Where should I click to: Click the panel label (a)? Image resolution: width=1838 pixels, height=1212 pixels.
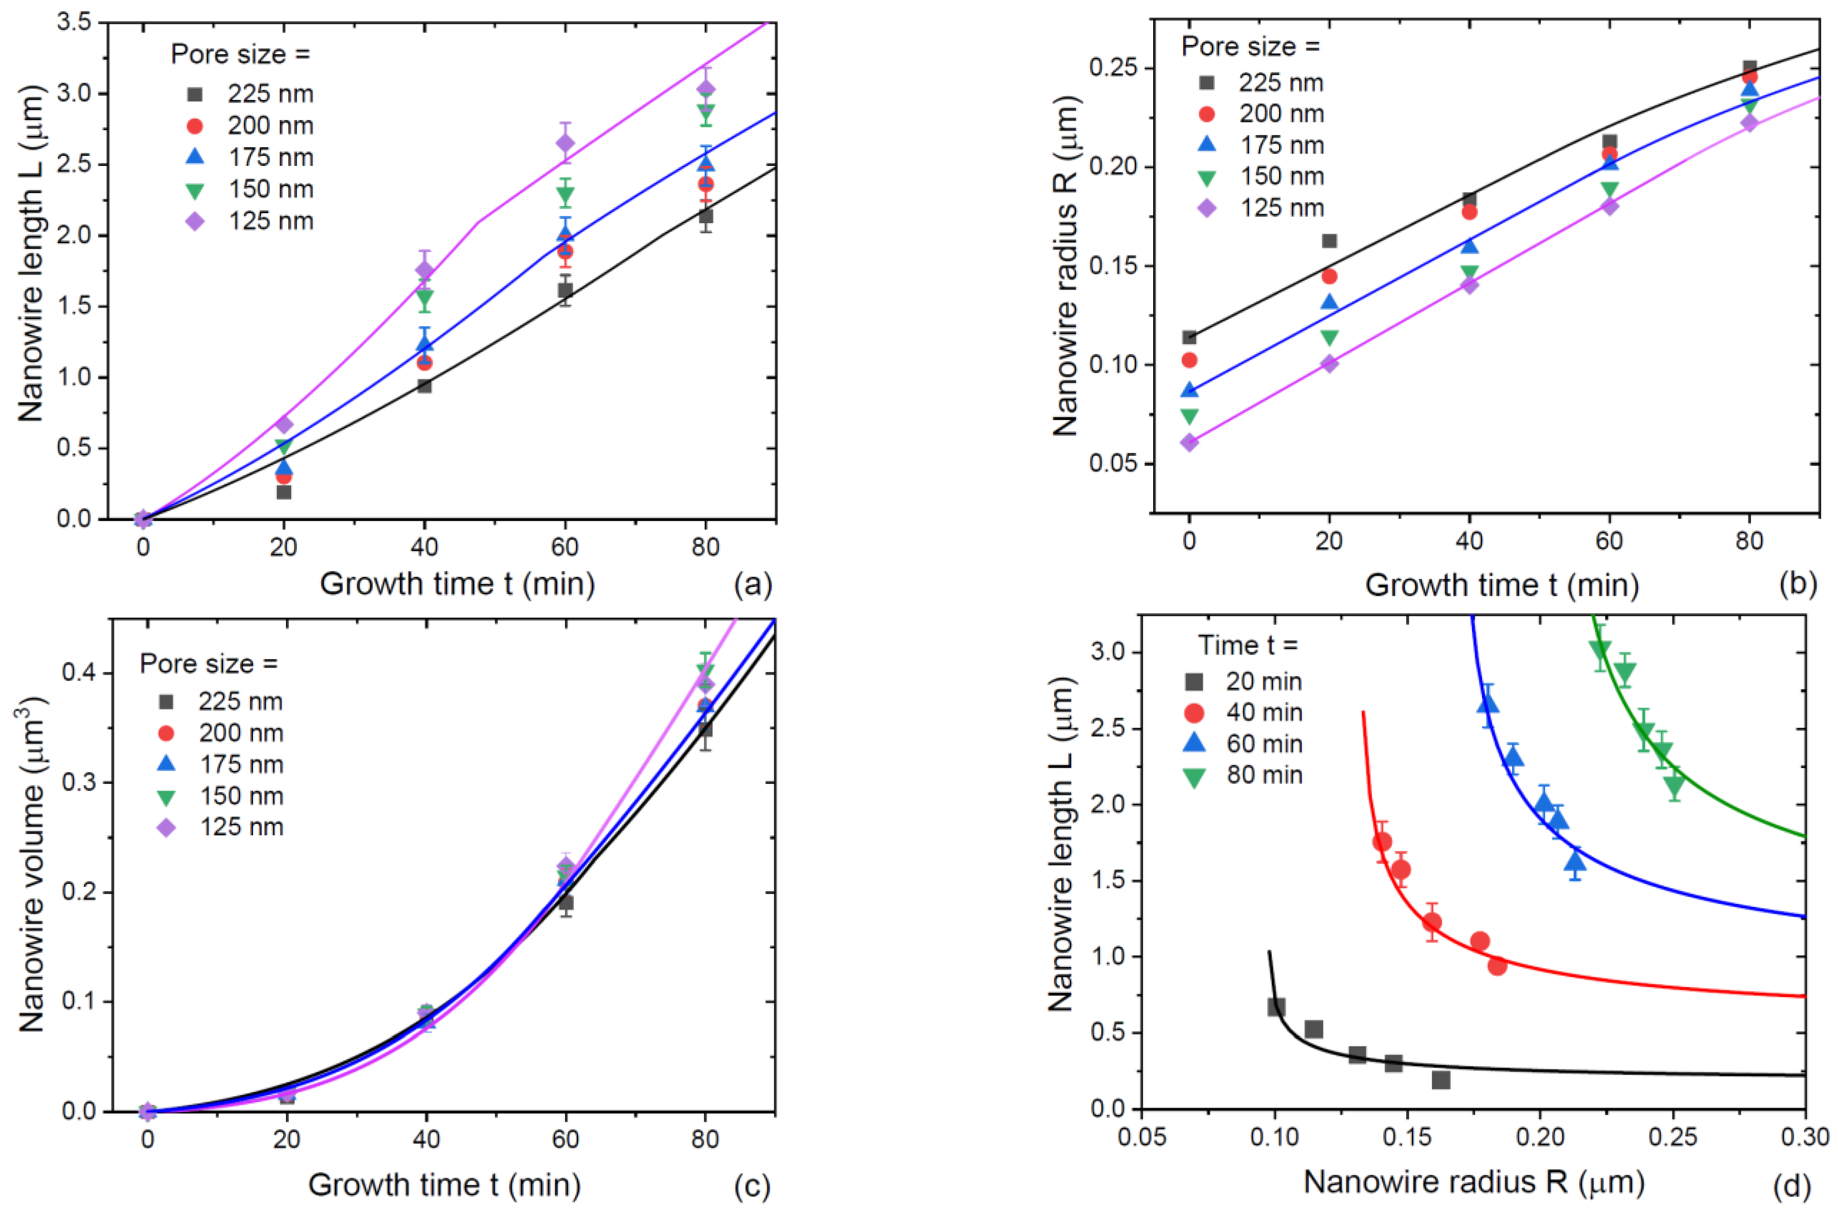(751, 585)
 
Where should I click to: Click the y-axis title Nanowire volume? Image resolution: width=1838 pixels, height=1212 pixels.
(31, 864)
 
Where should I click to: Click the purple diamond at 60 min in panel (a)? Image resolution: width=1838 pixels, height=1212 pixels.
(565, 144)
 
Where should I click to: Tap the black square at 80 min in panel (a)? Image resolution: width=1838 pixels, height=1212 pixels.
(705, 216)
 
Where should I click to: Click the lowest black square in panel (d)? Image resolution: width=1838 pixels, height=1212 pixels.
(1440, 1080)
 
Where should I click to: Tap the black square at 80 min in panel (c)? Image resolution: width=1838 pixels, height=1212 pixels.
(705, 729)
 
